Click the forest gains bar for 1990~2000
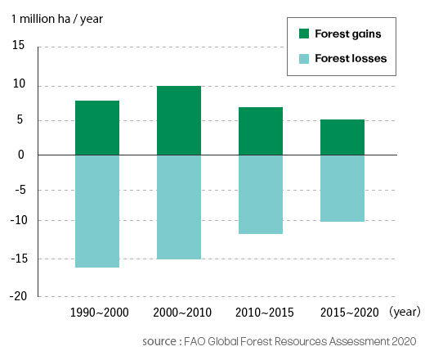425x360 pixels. point(97,128)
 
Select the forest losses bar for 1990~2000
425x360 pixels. point(97,211)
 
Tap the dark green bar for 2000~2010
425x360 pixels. point(179,120)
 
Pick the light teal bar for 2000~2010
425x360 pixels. point(179,207)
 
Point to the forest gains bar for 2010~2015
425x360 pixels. point(261,131)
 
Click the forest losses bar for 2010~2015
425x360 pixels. point(261,195)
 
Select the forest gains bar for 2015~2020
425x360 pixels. point(342,137)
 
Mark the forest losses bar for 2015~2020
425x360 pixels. point(342,188)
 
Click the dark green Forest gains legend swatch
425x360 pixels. point(304,34)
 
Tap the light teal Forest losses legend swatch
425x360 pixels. point(304,59)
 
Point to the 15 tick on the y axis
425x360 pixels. point(18,45)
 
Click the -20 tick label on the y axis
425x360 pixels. point(18,296)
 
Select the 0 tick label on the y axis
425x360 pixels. point(21,155)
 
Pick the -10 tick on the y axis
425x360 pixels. point(19,220)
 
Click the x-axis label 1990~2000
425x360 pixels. point(100,313)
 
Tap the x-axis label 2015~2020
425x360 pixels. point(350,313)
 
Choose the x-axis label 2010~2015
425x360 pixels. point(265,313)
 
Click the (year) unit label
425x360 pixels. point(405,312)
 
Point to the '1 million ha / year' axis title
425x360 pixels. point(57,19)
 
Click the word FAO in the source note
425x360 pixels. point(195,341)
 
